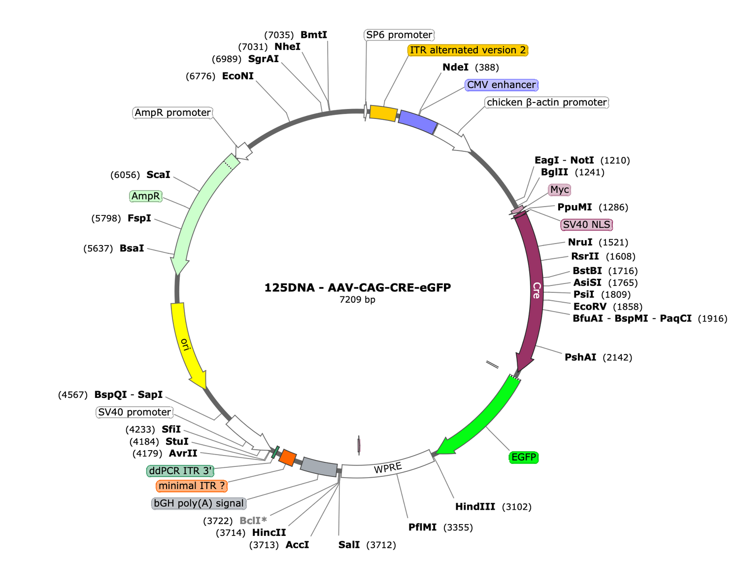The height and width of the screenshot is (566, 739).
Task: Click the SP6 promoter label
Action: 399,35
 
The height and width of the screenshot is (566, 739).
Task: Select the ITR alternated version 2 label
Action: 468,50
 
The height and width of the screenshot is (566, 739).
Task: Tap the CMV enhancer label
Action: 501,85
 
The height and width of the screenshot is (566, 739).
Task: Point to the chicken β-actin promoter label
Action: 546,103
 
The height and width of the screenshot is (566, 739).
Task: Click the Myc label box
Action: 559,190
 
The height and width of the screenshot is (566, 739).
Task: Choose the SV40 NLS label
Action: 586,225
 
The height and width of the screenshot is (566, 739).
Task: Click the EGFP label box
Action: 523,458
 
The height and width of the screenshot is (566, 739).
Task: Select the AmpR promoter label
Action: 172,113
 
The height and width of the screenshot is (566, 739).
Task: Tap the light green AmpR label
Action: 145,196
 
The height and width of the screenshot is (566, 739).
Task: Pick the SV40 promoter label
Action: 134,412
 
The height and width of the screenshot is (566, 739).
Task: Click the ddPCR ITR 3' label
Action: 180,471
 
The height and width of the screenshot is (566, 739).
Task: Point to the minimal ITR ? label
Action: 192,486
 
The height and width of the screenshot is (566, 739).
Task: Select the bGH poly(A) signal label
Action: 199,503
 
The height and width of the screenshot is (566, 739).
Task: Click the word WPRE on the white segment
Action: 388,468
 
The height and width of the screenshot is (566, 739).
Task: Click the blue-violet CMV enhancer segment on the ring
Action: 417,122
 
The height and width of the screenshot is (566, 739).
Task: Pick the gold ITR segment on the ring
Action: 383,113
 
